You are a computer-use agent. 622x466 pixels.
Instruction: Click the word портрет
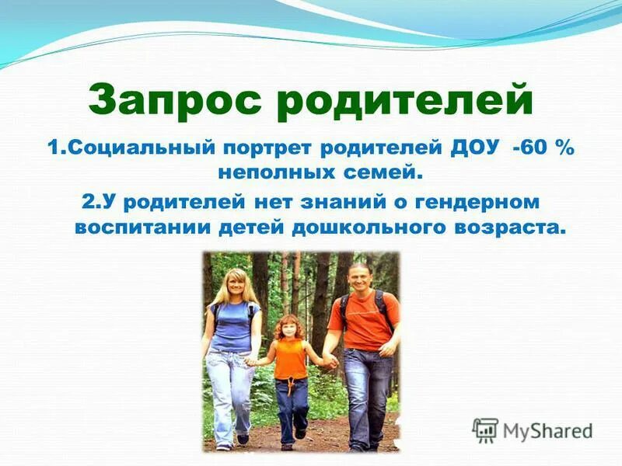[255, 148]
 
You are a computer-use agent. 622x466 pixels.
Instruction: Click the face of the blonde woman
[233, 284]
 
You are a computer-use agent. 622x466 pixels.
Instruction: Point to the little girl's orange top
[289, 358]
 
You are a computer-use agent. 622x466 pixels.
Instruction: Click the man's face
[359, 277]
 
